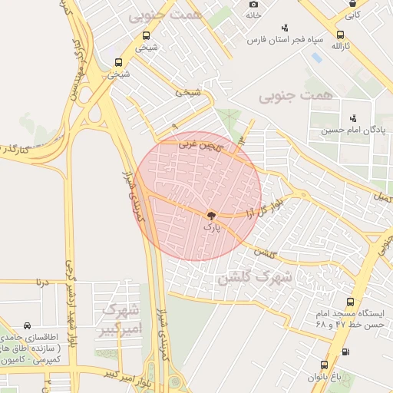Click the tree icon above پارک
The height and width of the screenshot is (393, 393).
(211, 216)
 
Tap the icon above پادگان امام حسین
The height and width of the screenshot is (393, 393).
(353, 118)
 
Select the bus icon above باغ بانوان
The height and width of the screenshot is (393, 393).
(324, 365)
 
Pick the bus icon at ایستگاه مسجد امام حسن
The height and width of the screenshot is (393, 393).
(351, 302)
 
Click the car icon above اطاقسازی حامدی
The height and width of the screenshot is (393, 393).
(28, 326)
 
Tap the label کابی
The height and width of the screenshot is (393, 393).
(352, 15)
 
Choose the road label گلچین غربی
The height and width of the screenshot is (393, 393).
(200, 144)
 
